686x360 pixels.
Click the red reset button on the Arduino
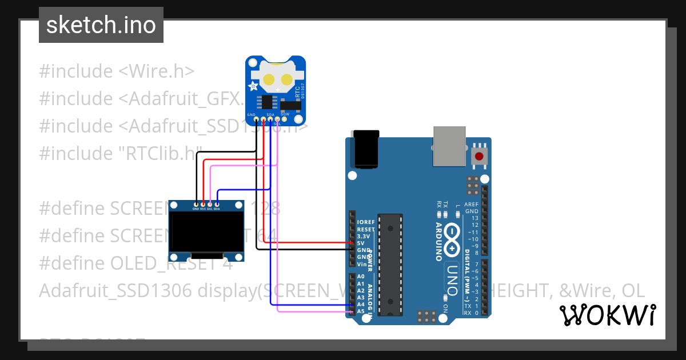click(x=478, y=156)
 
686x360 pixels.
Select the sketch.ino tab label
click(x=101, y=25)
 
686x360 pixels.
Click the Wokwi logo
click(x=607, y=315)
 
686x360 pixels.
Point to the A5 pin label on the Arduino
click(x=361, y=311)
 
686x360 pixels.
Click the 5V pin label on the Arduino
click(x=360, y=243)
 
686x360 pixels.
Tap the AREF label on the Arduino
click(x=471, y=204)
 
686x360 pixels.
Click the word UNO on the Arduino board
click(x=452, y=280)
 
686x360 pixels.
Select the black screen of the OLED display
click(x=207, y=232)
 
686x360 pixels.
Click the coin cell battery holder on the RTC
click(x=277, y=77)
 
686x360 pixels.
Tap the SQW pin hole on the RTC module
click(x=285, y=119)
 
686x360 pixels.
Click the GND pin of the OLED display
click(x=196, y=204)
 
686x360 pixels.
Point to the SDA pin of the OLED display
click(x=217, y=204)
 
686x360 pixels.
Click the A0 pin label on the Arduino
click(x=361, y=276)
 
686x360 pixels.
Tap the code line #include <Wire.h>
click(x=117, y=71)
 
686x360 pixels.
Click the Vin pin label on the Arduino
click(x=361, y=264)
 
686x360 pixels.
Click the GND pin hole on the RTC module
click(x=256, y=119)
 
